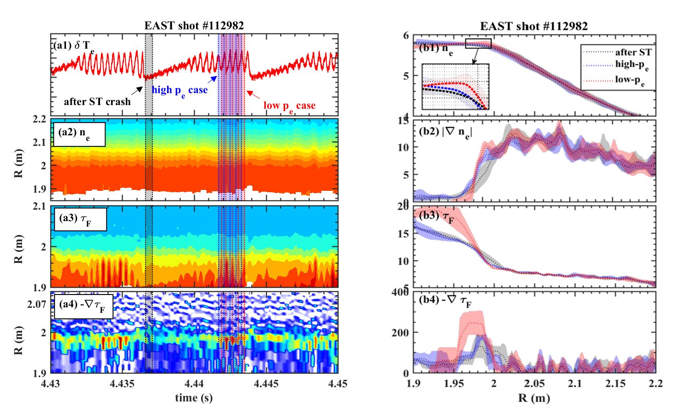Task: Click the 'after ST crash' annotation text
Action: click(x=97, y=101)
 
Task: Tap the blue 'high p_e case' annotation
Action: click(x=179, y=90)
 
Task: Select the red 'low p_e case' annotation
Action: click(x=289, y=106)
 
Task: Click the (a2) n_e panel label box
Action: click(x=79, y=134)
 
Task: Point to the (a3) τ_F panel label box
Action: click(x=80, y=220)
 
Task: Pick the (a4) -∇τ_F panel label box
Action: click(x=83, y=306)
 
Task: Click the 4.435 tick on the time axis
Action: click(x=122, y=384)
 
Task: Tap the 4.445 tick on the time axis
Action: click(x=266, y=384)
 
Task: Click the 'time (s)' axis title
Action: click(x=194, y=397)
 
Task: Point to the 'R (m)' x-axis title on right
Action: click(x=534, y=397)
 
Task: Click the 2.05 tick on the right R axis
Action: click(x=534, y=383)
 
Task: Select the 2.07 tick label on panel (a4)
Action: click(x=37, y=304)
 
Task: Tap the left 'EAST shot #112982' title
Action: click(x=194, y=26)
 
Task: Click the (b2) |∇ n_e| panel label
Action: click(x=445, y=132)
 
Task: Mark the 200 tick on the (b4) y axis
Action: click(x=400, y=333)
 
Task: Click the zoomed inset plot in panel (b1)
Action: click(x=455, y=87)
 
